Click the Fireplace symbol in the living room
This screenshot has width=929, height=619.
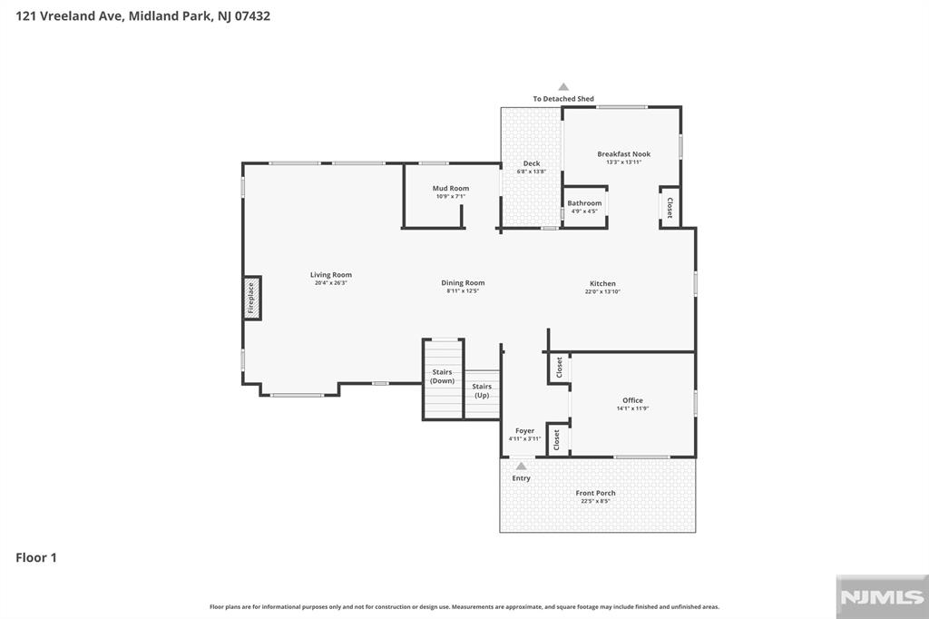pyautogui.click(x=252, y=298)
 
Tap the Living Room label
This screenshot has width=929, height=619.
pyautogui.click(x=330, y=275)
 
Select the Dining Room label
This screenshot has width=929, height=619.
pyautogui.click(x=463, y=283)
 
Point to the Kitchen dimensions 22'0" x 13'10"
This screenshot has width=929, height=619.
pyautogui.click(x=602, y=291)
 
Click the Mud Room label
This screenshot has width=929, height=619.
pyautogui.click(x=451, y=189)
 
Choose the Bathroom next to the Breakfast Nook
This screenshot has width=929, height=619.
pyautogui.click(x=585, y=207)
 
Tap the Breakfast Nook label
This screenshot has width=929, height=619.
pyautogui.click(x=624, y=154)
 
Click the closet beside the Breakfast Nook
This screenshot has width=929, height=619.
pyautogui.click(x=670, y=208)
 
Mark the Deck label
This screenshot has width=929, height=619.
pyautogui.click(x=532, y=163)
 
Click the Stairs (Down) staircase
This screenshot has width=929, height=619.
pyautogui.click(x=443, y=379)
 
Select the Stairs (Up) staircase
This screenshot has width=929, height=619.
pyautogui.click(x=483, y=394)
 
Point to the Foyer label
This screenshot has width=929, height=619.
pyautogui.click(x=525, y=431)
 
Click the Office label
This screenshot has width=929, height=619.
pyautogui.click(x=632, y=400)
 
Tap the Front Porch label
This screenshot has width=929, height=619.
pyautogui.click(x=595, y=493)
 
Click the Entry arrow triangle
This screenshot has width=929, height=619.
pyautogui.click(x=522, y=466)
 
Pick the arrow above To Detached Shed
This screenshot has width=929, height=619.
pyautogui.click(x=563, y=86)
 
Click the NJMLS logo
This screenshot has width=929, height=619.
pyautogui.click(x=882, y=597)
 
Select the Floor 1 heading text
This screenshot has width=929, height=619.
pyautogui.click(x=36, y=557)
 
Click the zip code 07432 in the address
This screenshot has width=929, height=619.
pyautogui.click(x=252, y=16)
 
